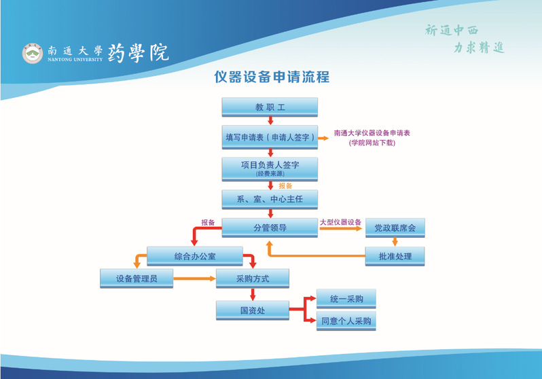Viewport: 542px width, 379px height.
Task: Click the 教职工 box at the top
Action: [x=270, y=107]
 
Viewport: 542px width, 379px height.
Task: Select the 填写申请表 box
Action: [x=270, y=137]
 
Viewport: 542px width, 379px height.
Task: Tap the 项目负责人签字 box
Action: [x=270, y=168]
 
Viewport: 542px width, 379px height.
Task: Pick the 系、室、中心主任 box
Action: [x=270, y=199]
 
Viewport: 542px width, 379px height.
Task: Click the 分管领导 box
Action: [x=270, y=228]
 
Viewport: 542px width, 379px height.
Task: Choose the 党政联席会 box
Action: [x=395, y=228]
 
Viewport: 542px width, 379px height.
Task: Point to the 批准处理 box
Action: [x=395, y=255]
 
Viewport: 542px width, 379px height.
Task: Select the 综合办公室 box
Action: [x=194, y=256]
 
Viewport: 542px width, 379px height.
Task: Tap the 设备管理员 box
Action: [x=137, y=278]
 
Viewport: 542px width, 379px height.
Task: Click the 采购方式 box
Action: [x=252, y=278]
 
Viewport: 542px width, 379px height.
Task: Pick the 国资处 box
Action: [x=252, y=310]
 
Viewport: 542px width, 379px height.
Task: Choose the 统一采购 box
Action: [x=346, y=299]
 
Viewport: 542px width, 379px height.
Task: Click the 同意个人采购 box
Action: [x=346, y=321]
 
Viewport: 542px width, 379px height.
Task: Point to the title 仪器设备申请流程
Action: [x=271, y=77]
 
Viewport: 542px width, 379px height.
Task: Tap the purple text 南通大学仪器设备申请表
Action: [x=372, y=133]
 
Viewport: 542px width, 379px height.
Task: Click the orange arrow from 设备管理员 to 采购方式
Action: [x=195, y=278]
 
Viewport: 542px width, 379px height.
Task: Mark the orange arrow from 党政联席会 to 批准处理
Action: [x=395, y=242]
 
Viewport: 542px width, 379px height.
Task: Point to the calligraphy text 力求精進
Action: [x=480, y=48]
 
